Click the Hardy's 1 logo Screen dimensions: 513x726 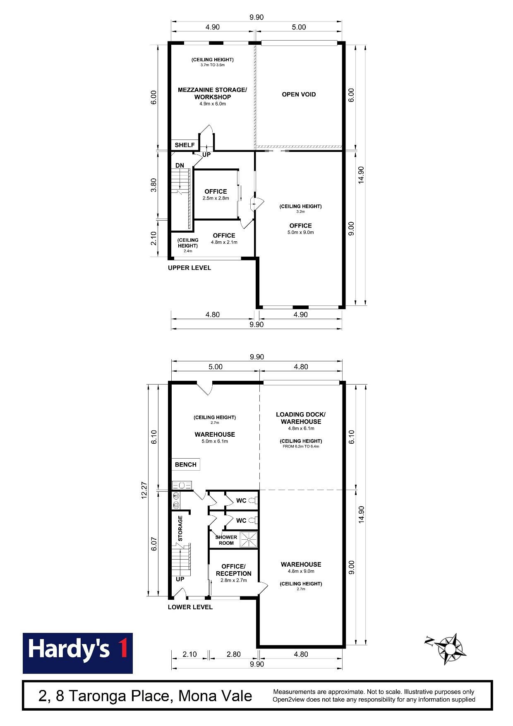[78, 653]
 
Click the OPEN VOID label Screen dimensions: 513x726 [299, 94]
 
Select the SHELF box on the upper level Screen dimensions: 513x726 [185, 145]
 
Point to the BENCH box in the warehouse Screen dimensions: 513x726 [186, 464]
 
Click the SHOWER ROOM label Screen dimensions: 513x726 [226, 540]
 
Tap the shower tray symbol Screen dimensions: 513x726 [249, 539]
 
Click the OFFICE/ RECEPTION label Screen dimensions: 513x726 [234, 570]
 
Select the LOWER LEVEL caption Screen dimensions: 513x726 [190, 607]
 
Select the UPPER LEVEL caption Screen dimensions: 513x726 [189, 268]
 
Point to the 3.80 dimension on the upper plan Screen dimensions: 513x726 [153, 185]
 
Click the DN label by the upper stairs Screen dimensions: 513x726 [180, 166]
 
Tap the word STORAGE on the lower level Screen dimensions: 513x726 [180, 529]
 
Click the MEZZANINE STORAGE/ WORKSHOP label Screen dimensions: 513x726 [213, 93]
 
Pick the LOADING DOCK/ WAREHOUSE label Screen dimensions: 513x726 [301, 418]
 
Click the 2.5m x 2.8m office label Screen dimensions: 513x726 [216, 198]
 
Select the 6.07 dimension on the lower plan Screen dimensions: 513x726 [154, 543]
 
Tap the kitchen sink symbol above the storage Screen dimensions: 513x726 [182, 485]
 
